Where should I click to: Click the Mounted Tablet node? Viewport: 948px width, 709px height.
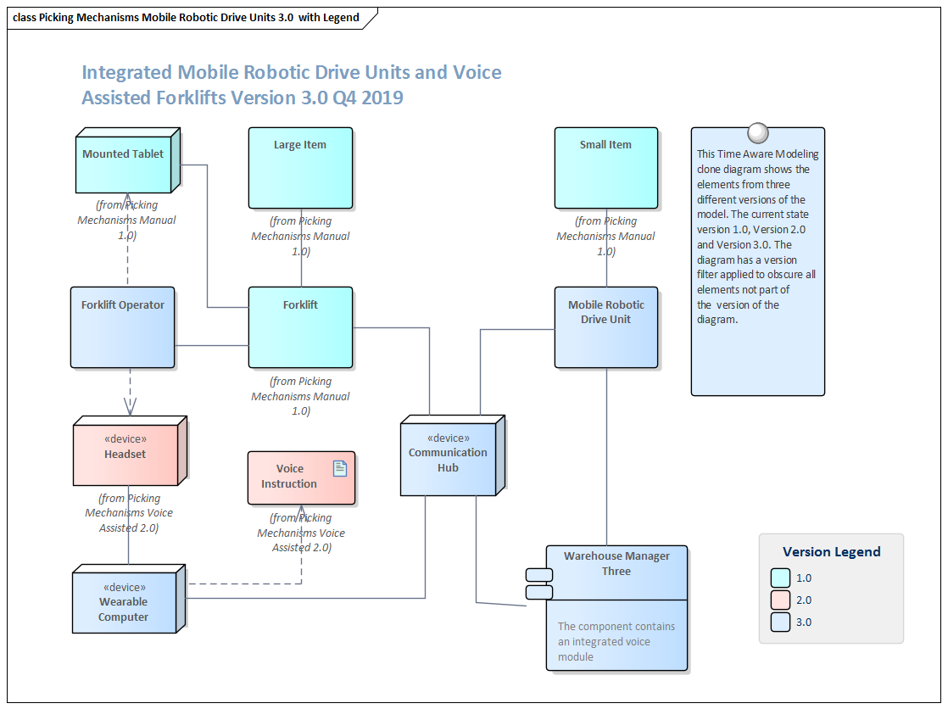tap(124, 163)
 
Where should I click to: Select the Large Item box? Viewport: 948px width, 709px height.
tap(300, 168)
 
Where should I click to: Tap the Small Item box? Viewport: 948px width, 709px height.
tap(605, 168)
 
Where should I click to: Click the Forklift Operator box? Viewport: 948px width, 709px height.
tap(123, 327)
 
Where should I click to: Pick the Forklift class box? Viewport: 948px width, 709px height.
tap(300, 327)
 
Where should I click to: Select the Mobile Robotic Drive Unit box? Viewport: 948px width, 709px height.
tap(605, 327)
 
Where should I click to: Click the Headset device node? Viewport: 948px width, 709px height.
tap(125, 455)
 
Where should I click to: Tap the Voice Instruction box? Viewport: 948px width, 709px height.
tap(289, 477)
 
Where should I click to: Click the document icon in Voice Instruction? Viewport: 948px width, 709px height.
tap(340, 468)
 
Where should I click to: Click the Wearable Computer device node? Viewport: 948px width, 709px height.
tap(124, 603)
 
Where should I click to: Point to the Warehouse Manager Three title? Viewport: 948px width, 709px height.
tap(616, 564)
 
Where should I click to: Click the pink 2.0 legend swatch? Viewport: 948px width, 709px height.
tap(781, 600)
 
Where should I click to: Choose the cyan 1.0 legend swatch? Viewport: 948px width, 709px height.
tap(781, 578)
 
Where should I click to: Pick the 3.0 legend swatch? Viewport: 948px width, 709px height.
tap(781, 622)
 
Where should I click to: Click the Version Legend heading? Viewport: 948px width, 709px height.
tap(831, 552)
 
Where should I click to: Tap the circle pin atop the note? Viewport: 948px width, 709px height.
tap(757, 133)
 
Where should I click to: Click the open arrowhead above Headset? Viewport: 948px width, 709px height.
tap(130, 407)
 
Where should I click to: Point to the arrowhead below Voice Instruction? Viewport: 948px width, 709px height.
tap(302, 511)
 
